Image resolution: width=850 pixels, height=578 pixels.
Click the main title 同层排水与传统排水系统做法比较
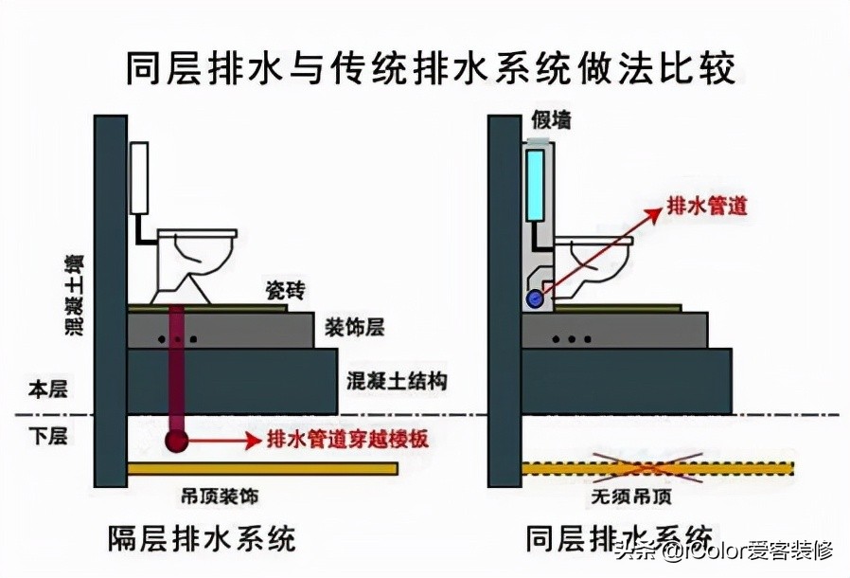click(431, 68)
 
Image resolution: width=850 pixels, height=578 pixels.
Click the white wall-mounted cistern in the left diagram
click(140, 178)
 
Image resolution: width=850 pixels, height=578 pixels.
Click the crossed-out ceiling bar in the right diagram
click(657, 467)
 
